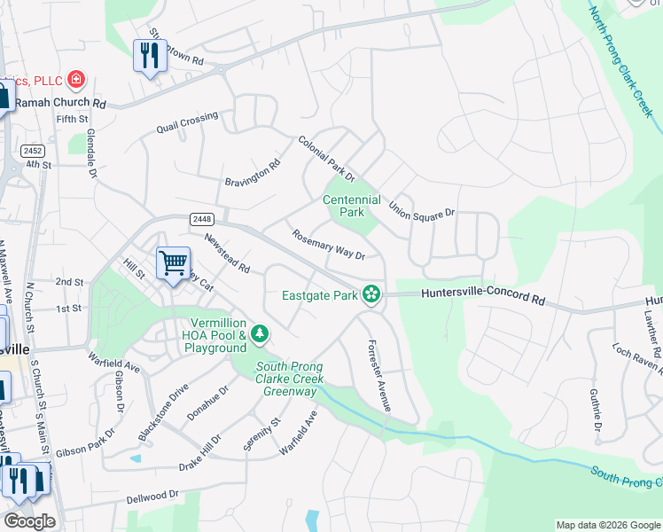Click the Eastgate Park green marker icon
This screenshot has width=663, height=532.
coord(371,294)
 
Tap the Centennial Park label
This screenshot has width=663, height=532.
coord(353,207)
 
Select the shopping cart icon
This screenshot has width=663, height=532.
coord(173,262)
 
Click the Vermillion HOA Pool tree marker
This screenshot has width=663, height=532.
coord(260,333)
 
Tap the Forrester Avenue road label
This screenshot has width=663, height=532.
coord(379,375)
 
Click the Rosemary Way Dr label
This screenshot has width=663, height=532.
coord(328,246)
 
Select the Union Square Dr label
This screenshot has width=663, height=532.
coord(422,207)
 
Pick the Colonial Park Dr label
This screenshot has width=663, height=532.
coord(325,158)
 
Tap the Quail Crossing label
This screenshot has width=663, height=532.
coord(187,122)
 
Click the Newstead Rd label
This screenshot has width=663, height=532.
coord(227,253)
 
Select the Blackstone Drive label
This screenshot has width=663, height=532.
coord(164,413)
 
